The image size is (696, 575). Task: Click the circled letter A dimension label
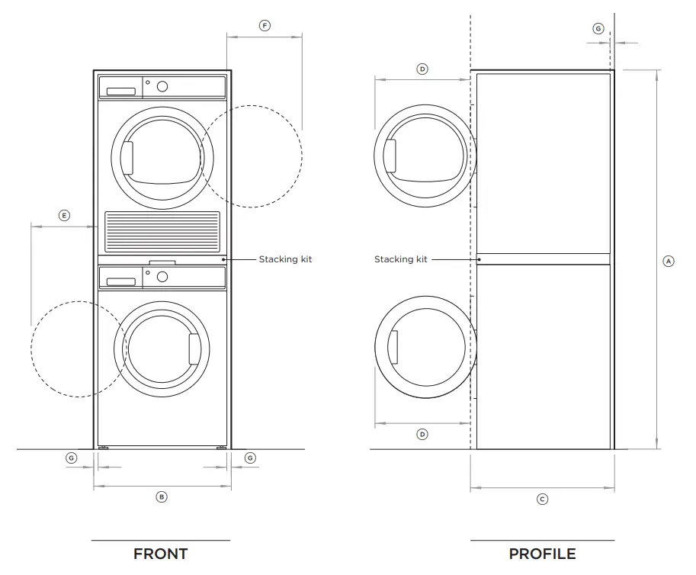[669, 261]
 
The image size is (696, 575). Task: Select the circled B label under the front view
[161, 496]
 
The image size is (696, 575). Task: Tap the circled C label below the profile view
[542, 500]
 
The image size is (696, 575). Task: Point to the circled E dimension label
[64, 216]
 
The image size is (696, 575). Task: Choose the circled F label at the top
[265, 26]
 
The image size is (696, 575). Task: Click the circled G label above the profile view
[598, 28]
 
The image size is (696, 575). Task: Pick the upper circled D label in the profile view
[422, 69]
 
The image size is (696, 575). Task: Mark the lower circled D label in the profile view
[422, 434]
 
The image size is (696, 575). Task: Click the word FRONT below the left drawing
[160, 554]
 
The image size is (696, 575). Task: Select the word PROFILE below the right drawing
[542, 554]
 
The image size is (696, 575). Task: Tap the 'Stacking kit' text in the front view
[285, 259]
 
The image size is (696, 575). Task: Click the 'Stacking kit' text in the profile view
[400, 259]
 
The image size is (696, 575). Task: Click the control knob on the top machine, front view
[162, 86]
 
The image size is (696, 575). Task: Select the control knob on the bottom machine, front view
[162, 277]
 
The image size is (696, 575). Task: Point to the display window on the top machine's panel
[121, 92]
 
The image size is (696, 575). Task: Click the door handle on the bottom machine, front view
[194, 349]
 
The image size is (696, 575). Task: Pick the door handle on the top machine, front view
[128, 157]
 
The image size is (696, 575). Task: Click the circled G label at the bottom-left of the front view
[72, 458]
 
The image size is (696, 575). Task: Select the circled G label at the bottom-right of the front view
[250, 458]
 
